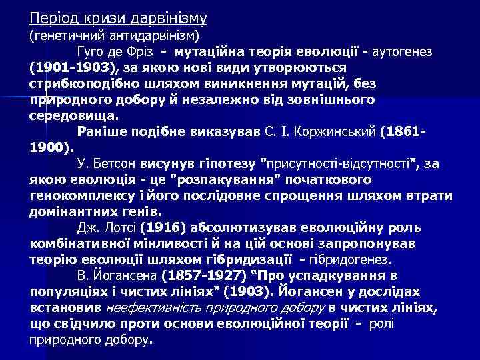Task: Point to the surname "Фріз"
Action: click(139, 51)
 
